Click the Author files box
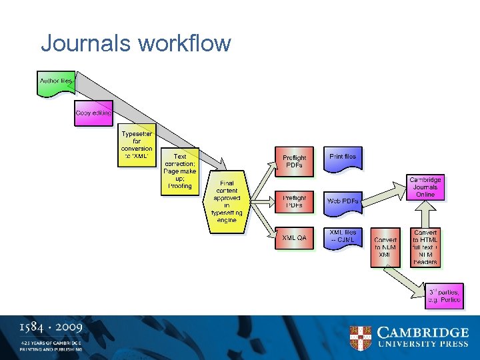55,82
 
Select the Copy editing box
93,113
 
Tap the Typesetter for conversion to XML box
137,145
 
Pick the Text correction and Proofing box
179,171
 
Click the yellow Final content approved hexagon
227,201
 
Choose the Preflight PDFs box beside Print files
294,161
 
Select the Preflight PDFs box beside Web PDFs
294,201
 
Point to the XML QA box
294,238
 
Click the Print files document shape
343,158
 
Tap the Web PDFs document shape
343,201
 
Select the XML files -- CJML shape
343,238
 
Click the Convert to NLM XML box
385,247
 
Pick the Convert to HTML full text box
425,247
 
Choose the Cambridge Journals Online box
425,187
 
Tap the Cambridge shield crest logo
361,338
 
